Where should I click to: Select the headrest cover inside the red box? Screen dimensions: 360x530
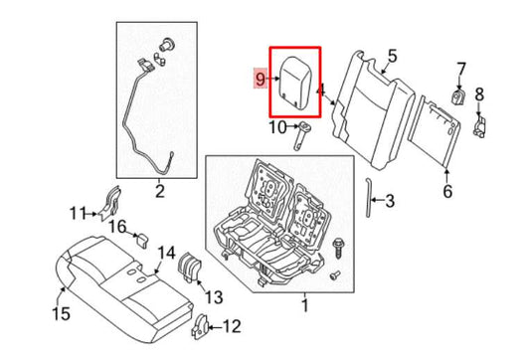(x=293, y=79)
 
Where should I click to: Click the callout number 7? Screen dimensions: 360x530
(x=460, y=68)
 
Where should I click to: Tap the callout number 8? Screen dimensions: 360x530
(x=479, y=94)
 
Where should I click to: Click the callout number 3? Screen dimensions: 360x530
(x=390, y=202)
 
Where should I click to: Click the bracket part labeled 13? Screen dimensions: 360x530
(x=187, y=270)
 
